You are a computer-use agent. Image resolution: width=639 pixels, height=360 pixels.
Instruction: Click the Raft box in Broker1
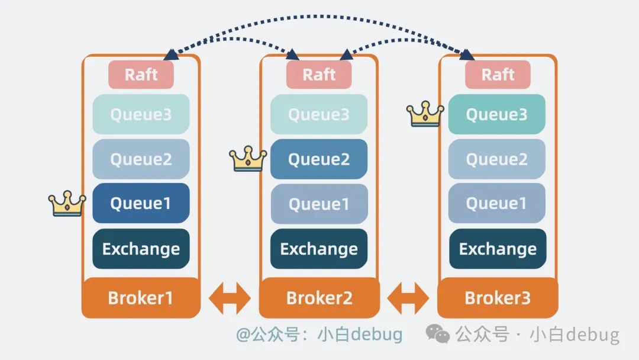(141, 75)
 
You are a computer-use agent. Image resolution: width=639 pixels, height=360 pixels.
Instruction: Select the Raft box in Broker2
(319, 75)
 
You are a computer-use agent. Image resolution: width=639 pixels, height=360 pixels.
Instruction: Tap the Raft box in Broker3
(498, 75)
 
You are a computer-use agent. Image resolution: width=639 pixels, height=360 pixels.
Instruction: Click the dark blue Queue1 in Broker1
(141, 204)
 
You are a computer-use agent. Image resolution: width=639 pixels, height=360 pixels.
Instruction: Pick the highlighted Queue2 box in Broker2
(319, 159)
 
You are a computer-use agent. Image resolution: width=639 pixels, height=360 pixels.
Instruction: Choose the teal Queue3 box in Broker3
(496, 114)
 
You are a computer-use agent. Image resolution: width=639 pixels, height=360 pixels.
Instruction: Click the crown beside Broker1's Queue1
(67, 204)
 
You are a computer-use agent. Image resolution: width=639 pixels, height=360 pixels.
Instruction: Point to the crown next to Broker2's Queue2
(248, 159)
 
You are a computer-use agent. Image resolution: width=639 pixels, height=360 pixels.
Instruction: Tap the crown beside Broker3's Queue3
(425, 114)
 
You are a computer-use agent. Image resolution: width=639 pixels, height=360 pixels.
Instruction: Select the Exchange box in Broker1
(141, 249)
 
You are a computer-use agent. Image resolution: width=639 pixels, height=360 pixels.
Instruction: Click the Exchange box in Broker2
(319, 249)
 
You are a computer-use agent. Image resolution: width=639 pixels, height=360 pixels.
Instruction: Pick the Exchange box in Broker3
(498, 249)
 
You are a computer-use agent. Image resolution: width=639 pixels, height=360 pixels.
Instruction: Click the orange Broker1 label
(141, 297)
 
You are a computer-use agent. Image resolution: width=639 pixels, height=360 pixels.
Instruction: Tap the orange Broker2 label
(319, 297)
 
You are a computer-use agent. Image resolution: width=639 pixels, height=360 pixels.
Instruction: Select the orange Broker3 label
(498, 297)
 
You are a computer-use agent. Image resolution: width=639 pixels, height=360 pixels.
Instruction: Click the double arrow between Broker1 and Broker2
(230, 298)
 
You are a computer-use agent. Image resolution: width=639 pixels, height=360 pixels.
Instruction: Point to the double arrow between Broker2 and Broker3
(408, 298)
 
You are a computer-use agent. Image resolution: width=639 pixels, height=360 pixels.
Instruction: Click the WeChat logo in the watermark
(438, 335)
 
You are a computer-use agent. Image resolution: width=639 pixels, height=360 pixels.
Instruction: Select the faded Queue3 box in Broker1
(141, 114)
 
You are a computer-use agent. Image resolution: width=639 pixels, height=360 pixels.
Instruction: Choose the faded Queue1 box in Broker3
(496, 204)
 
